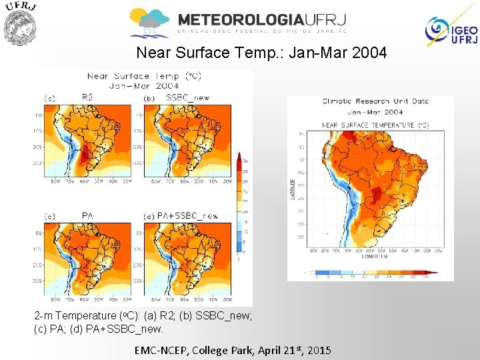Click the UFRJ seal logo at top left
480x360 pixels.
[x=20, y=24]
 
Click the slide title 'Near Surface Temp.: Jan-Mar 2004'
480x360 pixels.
[x=261, y=52]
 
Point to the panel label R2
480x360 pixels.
[x=87, y=97]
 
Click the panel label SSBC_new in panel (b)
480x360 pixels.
[x=187, y=97]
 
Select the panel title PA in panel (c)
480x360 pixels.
[x=87, y=215]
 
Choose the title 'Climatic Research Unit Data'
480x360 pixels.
[x=375, y=101]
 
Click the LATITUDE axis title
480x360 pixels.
[x=293, y=188]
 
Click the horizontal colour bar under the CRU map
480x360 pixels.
[x=375, y=272]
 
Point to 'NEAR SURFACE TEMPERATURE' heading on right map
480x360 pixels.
[x=375, y=125]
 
